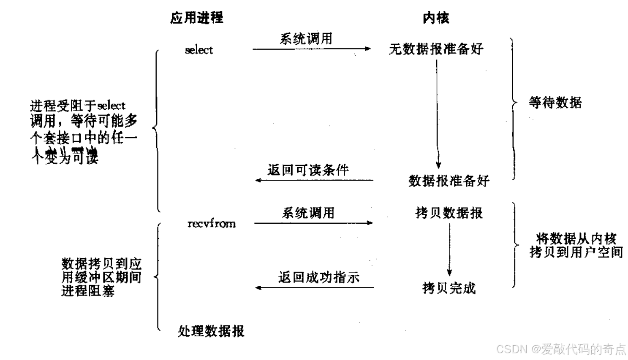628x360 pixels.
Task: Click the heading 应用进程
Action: pyautogui.click(x=196, y=18)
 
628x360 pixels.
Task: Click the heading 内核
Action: pyautogui.click(x=436, y=18)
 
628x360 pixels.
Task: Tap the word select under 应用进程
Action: pyautogui.click(x=198, y=50)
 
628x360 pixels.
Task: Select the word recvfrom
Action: pyautogui.click(x=211, y=223)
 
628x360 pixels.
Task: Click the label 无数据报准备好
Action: pyautogui.click(x=436, y=49)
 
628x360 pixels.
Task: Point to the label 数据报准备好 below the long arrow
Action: pyautogui.click(x=449, y=181)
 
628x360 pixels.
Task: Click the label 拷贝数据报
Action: pyautogui.click(x=449, y=213)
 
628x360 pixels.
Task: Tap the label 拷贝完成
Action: pyautogui.click(x=449, y=288)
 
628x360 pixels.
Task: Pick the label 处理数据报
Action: pyautogui.click(x=211, y=331)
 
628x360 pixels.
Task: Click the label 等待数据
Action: pyautogui.click(x=555, y=103)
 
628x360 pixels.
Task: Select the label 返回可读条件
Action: pyautogui.click(x=308, y=170)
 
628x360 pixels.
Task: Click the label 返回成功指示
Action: pyautogui.click(x=318, y=277)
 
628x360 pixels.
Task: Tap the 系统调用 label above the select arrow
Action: pyautogui.click(x=306, y=38)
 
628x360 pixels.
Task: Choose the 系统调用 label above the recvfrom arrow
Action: pyautogui.click(x=308, y=213)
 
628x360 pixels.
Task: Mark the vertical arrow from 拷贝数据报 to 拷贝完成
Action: pyautogui.click(x=449, y=249)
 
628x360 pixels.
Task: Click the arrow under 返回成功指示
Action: pyautogui.click(x=315, y=288)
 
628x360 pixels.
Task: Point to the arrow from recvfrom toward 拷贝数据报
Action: pyautogui.click(x=313, y=223)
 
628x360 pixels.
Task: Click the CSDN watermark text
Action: pyautogui.click(x=561, y=349)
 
